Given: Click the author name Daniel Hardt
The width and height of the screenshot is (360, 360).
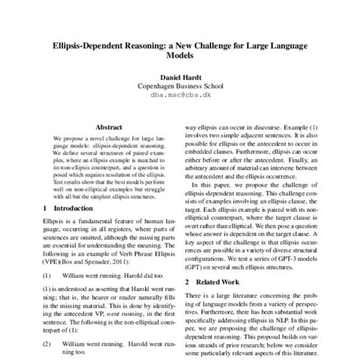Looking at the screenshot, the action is pyautogui.click(x=180, y=78).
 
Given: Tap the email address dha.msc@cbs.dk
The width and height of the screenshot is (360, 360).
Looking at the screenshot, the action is pyautogui.click(x=180, y=96).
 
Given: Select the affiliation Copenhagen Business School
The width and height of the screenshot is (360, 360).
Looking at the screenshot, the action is pyautogui.click(x=180, y=87).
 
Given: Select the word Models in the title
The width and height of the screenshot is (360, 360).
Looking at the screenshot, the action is pyautogui.click(x=179, y=55).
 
